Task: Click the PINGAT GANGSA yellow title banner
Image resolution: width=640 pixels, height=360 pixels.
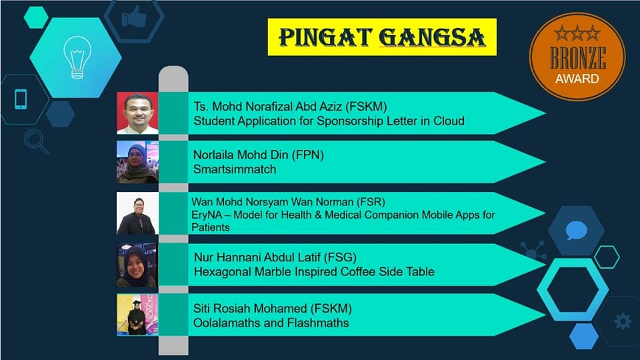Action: [x=382, y=37]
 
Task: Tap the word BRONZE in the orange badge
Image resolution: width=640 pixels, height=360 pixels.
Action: [x=577, y=58]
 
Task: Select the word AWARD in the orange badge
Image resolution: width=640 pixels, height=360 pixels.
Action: [x=577, y=79]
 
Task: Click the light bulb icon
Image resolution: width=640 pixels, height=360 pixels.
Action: [x=77, y=57]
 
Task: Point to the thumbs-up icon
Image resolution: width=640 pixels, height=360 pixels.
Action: [x=134, y=17]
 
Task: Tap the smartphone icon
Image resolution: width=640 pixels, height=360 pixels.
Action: [x=21, y=99]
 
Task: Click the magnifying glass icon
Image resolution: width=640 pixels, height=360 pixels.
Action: [x=36, y=141]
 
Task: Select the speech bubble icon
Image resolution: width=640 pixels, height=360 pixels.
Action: [x=576, y=231]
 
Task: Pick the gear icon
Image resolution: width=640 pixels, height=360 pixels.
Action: [x=623, y=321]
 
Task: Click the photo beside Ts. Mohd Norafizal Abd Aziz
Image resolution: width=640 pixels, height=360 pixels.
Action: [x=137, y=113]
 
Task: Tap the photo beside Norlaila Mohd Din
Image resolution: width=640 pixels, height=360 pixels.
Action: [x=137, y=162]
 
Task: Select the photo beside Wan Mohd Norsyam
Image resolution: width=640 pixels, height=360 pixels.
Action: [x=137, y=213]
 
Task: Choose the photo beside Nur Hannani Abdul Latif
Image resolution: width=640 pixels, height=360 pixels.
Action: [x=137, y=265]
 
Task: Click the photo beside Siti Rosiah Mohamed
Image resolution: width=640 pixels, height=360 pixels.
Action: [x=137, y=315]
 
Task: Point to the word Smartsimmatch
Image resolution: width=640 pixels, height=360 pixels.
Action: [x=235, y=169]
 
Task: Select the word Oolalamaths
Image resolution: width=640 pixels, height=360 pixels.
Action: [x=227, y=323]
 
